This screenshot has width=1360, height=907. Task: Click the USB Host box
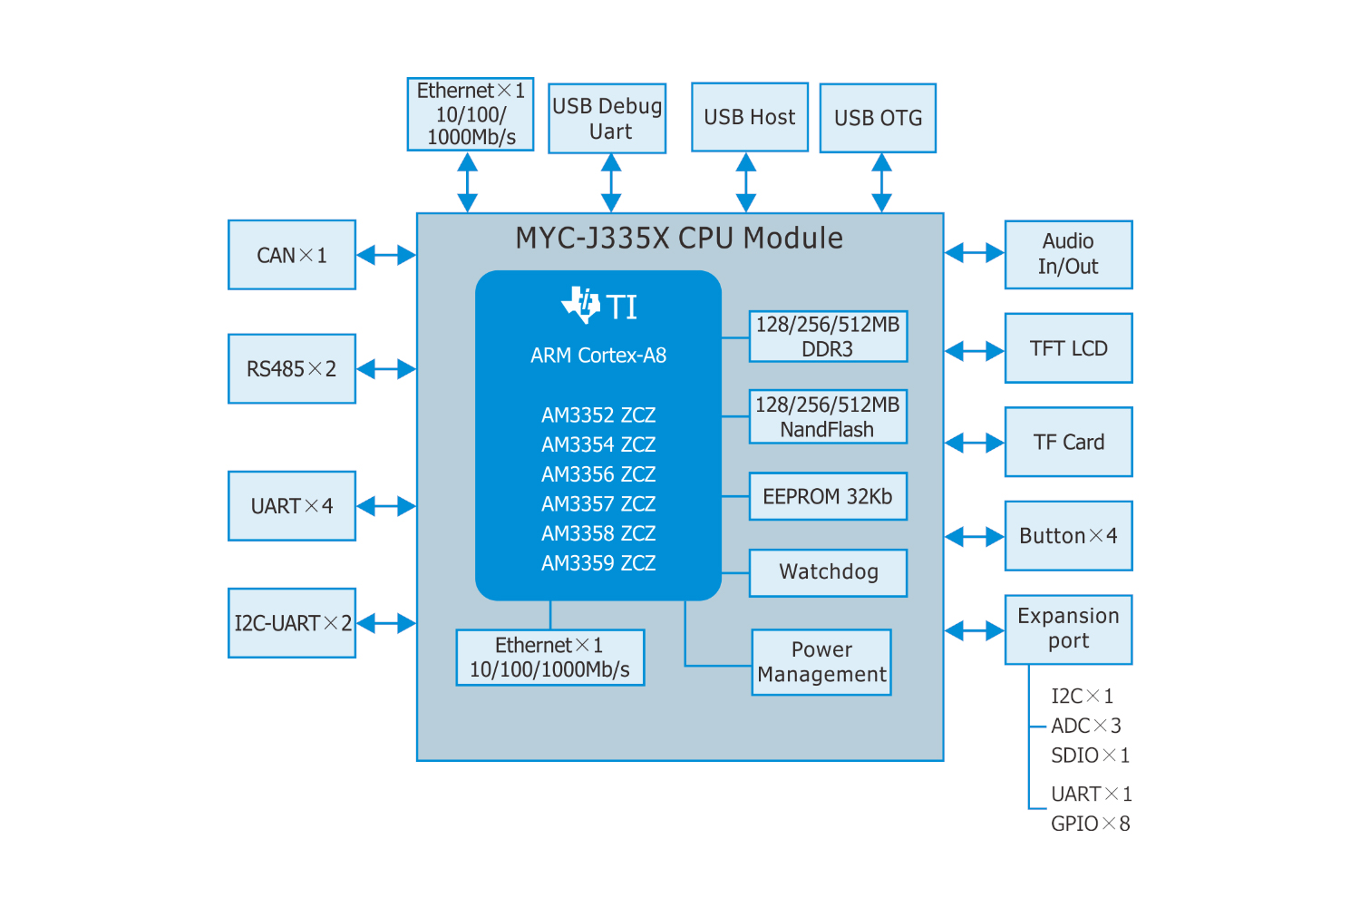click(x=749, y=117)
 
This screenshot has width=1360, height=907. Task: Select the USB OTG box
click(x=878, y=118)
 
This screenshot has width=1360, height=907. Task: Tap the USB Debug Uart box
click(x=607, y=119)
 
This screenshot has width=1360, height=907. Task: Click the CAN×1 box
click(x=291, y=255)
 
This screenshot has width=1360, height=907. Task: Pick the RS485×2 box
click(x=291, y=368)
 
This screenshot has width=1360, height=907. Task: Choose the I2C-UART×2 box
click(x=291, y=623)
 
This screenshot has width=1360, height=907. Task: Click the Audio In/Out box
click(x=1068, y=254)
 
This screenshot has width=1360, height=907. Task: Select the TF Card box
click(x=1068, y=442)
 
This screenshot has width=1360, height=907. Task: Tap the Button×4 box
click(x=1068, y=536)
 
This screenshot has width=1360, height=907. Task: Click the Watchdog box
click(x=828, y=572)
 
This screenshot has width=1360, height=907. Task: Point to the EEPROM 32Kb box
click(x=828, y=496)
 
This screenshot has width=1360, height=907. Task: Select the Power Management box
click(x=821, y=662)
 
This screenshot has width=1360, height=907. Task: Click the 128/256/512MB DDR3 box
click(x=828, y=336)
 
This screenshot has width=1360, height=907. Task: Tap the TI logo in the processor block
click(x=581, y=305)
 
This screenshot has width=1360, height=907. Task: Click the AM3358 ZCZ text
click(x=598, y=533)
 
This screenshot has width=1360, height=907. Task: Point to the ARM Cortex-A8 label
click(x=598, y=356)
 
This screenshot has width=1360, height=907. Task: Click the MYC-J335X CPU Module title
click(x=679, y=238)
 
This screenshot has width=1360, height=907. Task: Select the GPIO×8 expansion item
click(x=1090, y=824)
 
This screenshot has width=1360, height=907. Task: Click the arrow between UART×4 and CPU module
click(x=386, y=506)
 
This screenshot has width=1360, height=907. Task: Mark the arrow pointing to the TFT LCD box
click(x=975, y=350)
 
